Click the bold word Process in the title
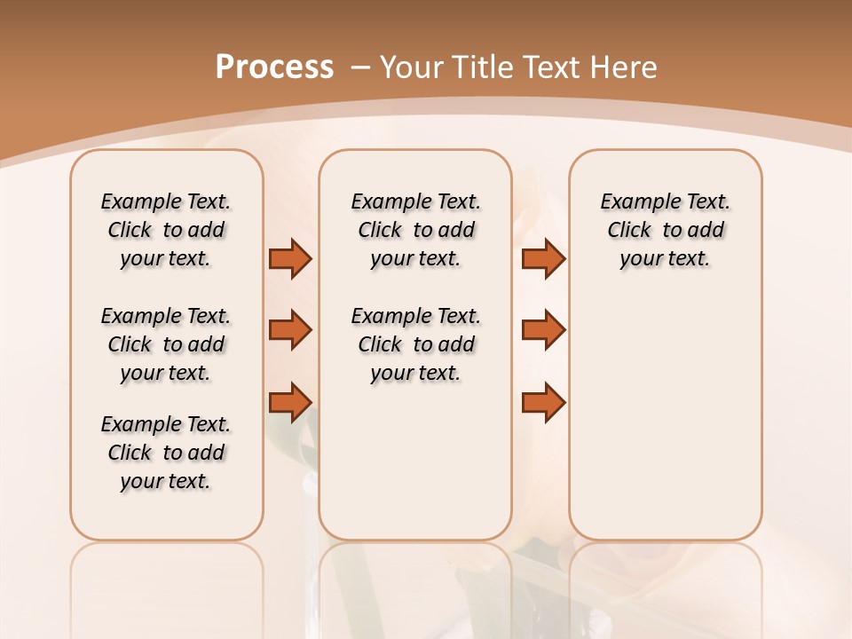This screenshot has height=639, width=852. [x=274, y=67]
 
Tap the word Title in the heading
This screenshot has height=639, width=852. [x=485, y=67]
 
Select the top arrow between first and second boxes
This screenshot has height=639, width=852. [x=290, y=258]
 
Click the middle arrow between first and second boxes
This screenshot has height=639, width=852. [x=290, y=330]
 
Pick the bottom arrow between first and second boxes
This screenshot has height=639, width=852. [x=290, y=402]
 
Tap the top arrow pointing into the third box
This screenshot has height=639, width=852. [x=543, y=258]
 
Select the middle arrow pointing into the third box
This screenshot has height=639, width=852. [x=543, y=330]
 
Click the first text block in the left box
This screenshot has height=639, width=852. [x=166, y=230]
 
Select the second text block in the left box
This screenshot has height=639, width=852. [x=166, y=344]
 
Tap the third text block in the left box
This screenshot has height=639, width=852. [x=166, y=453]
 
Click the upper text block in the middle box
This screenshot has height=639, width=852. [x=415, y=230]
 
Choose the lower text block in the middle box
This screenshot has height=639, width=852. [x=415, y=344]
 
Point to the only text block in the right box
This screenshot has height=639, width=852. [x=665, y=230]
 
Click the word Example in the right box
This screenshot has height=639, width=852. [x=634, y=202]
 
